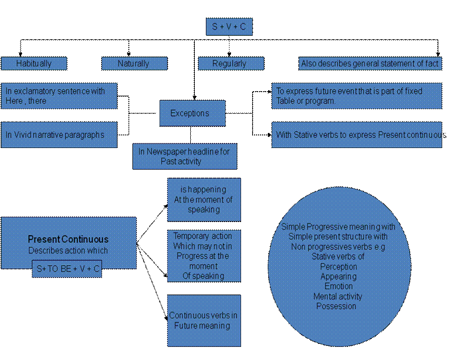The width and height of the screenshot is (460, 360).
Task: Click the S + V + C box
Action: (x=229, y=27)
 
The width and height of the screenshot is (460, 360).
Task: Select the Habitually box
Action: (x=34, y=63)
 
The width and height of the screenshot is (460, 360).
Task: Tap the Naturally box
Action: (x=134, y=63)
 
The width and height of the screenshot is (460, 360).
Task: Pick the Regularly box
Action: (x=231, y=63)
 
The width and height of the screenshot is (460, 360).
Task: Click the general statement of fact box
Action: (x=370, y=63)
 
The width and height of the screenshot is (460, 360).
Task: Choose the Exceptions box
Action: (x=193, y=113)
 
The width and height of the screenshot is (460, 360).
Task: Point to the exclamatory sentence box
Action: (x=59, y=96)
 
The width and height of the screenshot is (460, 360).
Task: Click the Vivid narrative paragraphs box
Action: (x=59, y=134)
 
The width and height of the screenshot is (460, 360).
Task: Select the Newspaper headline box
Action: (x=185, y=157)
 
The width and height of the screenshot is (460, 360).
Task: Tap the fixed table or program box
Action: (x=357, y=96)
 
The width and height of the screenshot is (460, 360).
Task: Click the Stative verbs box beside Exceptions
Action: (x=357, y=134)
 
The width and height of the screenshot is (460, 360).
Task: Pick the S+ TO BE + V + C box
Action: (x=67, y=269)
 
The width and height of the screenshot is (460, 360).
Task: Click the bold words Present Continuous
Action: (x=68, y=239)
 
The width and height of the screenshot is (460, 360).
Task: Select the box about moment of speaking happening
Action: (x=204, y=200)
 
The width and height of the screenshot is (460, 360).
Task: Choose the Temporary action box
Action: (x=204, y=256)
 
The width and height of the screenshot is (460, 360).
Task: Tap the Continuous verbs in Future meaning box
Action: (x=204, y=321)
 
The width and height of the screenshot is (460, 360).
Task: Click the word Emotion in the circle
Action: (x=339, y=286)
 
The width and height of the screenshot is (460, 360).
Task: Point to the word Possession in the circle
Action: (x=336, y=306)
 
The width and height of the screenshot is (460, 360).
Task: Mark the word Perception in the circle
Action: (x=339, y=267)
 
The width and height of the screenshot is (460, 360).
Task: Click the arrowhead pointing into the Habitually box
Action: (x=20, y=54)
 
